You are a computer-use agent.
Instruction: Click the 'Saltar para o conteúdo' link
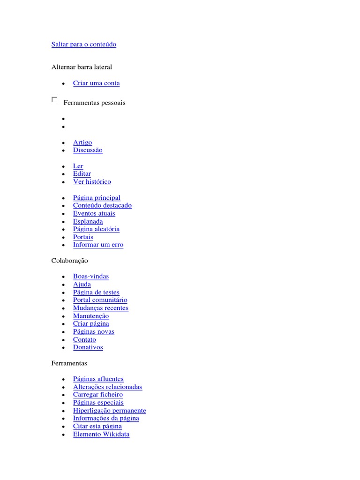(83, 45)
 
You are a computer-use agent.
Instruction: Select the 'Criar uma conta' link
(96, 83)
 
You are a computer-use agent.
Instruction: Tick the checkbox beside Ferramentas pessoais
(54, 100)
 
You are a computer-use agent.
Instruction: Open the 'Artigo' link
(82, 142)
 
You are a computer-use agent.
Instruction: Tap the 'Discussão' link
(88, 150)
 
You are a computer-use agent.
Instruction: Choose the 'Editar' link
(82, 174)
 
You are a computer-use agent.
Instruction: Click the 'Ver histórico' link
(92, 182)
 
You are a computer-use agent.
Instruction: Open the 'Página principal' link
(97, 198)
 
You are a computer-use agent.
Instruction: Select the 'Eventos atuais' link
(94, 214)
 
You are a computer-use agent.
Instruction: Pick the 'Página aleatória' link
(96, 229)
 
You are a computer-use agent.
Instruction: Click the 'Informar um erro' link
(98, 245)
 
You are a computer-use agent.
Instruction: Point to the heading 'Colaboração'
(69, 261)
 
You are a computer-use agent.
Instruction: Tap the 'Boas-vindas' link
(91, 277)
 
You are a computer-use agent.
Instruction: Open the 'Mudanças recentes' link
(100, 308)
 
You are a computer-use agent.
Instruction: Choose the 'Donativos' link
(88, 347)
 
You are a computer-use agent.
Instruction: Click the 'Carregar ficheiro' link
(97, 395)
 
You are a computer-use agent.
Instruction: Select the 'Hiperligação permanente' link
(109, 411)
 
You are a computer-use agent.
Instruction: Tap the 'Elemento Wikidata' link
(101, 435)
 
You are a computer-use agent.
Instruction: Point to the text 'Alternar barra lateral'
(82, 67)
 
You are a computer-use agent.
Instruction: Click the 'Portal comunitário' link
(100, 300)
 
